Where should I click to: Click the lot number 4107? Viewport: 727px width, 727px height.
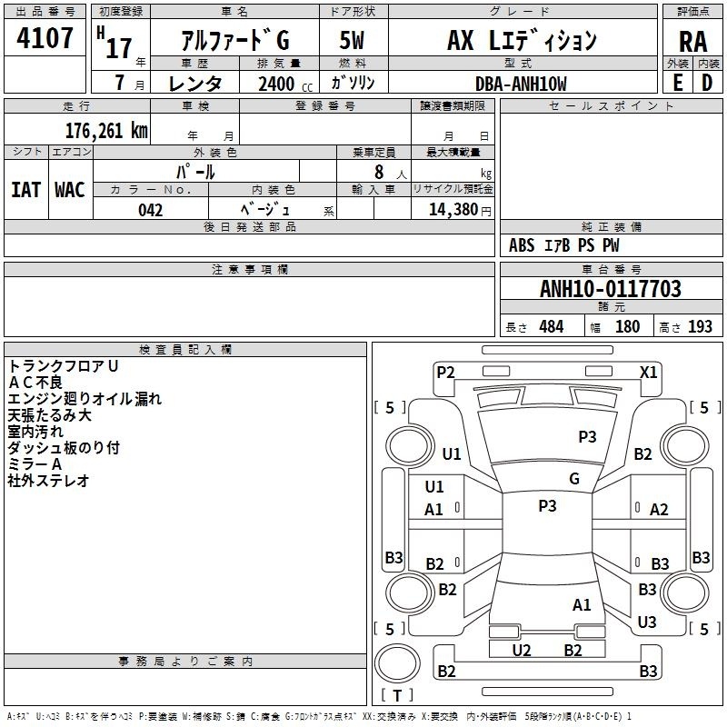[x=45, y=37]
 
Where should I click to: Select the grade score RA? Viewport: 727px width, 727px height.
[x=692, y=42]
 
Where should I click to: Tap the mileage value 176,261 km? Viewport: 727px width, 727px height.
[x=106, y=131]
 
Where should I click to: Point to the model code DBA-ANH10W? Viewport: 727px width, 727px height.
[x=521, y=84]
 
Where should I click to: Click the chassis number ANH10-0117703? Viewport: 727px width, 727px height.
[x=611, y=289]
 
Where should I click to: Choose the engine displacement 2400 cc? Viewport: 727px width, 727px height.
[x=285, y=84]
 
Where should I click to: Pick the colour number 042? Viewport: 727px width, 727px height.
[x=151, y=210]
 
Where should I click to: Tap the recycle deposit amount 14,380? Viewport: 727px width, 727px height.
[x=453, y=210]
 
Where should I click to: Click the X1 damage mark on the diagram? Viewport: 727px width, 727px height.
[x=648, y=373]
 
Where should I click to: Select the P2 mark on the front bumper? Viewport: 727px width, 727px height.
[x=445, y=372]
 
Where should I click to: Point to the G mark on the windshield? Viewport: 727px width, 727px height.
[x=574, y=478]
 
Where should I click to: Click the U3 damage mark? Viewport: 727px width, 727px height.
[x=647, y=622]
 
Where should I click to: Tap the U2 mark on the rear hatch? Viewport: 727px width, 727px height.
[x=521, y=650]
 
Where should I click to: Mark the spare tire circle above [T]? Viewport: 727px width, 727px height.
[x=397, y=663]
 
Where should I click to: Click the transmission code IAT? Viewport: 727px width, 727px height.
[x=25, y=190]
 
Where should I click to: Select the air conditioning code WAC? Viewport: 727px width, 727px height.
[x=70, y=190]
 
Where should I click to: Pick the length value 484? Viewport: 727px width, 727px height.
[x=552, y=326]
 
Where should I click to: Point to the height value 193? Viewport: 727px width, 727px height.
[x=700, y=326]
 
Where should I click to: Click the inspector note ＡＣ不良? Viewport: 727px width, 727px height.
[x=35, y=383]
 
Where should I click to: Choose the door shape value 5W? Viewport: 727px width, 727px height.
[x=352, y=40]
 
